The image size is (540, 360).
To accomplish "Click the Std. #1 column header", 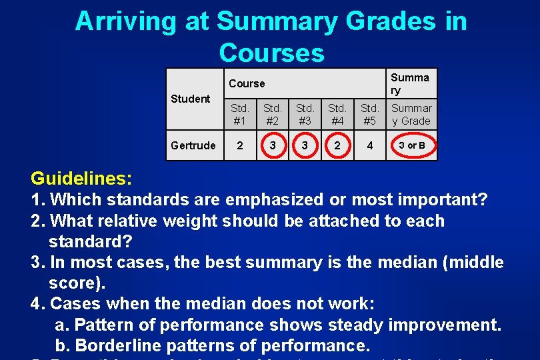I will pos(240,115).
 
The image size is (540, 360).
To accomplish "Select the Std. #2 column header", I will pos(273,115).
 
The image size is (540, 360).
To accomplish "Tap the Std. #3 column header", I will pos(305,115).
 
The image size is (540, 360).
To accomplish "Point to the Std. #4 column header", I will pos(337,115).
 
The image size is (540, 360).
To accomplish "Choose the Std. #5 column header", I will pos(370,115).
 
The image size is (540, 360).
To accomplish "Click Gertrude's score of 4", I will pos(370,145).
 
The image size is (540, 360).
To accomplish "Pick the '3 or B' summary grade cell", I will pos(412,145).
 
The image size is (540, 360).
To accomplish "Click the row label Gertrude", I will pos(193,145).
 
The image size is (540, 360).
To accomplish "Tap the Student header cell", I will pos(191,99).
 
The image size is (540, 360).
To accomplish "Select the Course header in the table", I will pos(247,83).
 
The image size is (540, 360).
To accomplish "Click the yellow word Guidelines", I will pos(81,179).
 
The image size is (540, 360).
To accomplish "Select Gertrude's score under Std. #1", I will pos(240,145).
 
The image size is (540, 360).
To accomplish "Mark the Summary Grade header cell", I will pos(411,115).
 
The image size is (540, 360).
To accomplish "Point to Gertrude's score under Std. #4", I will pos(337,145).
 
